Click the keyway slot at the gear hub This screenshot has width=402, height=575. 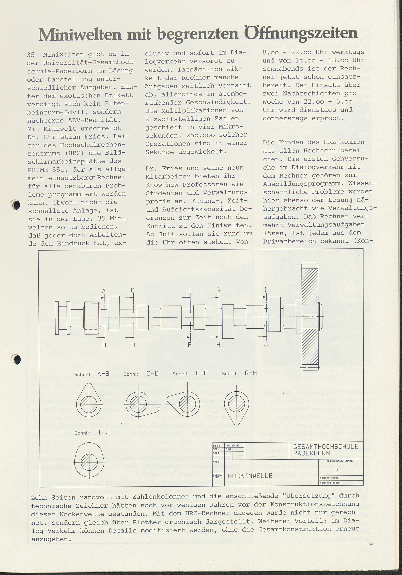310,317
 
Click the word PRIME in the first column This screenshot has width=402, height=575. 38,170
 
